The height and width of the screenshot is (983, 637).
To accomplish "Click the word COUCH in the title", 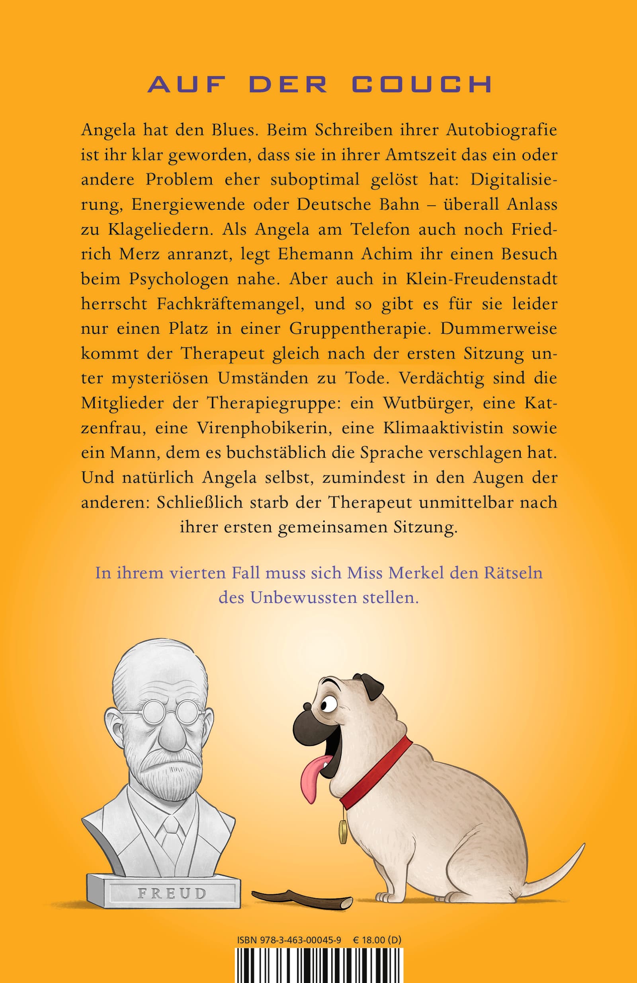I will pos(422,84).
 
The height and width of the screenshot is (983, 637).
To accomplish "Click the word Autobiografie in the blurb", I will pos(501,130).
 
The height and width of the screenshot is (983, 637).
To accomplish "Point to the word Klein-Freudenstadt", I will pos(482,279).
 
